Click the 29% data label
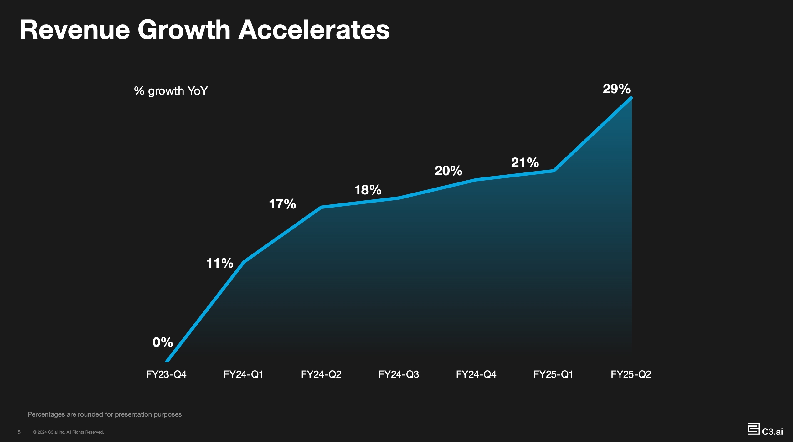pyautogui.click(x=616, y=89)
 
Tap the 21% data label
pyautogui.click(x=525, y=163)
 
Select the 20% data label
pyautogui.click(x=448, y=171)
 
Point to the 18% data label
pyautogui.click(x=368, y=190)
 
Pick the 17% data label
pyautogui.click(x=282, y=204)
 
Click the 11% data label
pyautogui.click(x=220, y=263)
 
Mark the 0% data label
pyautogui.click(x=162, y=342)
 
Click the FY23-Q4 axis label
pyautogui.click(x=166, y=374)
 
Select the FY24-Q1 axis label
pyautogui.click(x=244, y=374)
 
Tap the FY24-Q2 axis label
pyautogui.click(x=321, y=374)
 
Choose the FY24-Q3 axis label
pyautogui.click(x=399, y=374)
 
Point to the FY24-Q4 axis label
pyautogui.click(x=476, y=374)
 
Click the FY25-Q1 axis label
pyautogui.click(x=554, y=374)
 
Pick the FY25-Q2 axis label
pyautogui.click(x=631, y=374)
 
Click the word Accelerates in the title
pyautogui.click(x=314, y=30)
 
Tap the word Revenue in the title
pyautogui.click(x=75, y=30)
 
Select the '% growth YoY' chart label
pyautogui.click(x=171, y=91)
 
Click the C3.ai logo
pyautogui.click(x=765, y=429)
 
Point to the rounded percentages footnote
pyautogui.click(x=105, y=414)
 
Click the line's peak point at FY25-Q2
pyautogui.click(x=631, y=98)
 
